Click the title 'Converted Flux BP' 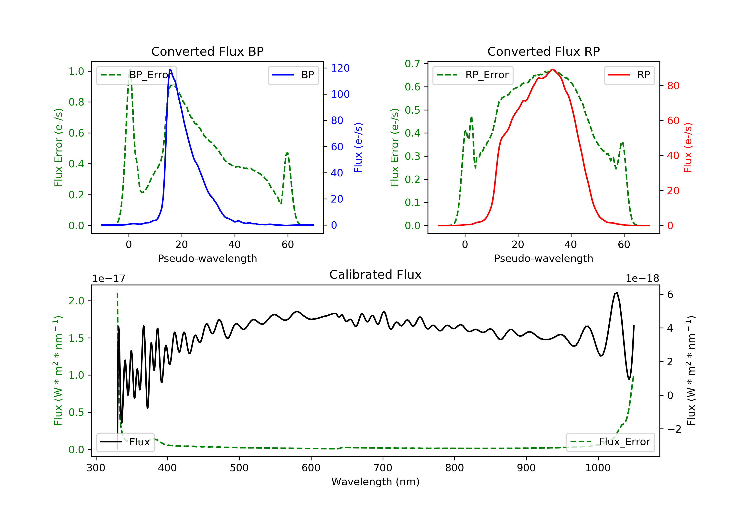pyautogui.click(x=207, y=51)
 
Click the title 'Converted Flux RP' pyautogui.click(x=543, y=51)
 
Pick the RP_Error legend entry pyautogui.click(x=473, y=75)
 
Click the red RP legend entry pyautogui.click(x=629, y=75)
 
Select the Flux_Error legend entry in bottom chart pyautogui.click(x=610, y=442)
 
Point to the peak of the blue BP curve pyautogui.click(x=170, y=69)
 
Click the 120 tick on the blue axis pyautogui.click(x=340, y=68)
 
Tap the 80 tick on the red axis pyautogui.click(x=673, y=85)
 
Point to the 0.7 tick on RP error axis pyautogui.click(x=412, y=64)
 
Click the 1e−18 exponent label pyautogui.click(x=642, y=278)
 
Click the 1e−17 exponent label pyautogui.click(x=108, y=278)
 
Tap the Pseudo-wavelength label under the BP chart pyautogui.click(x=207, y=258)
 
